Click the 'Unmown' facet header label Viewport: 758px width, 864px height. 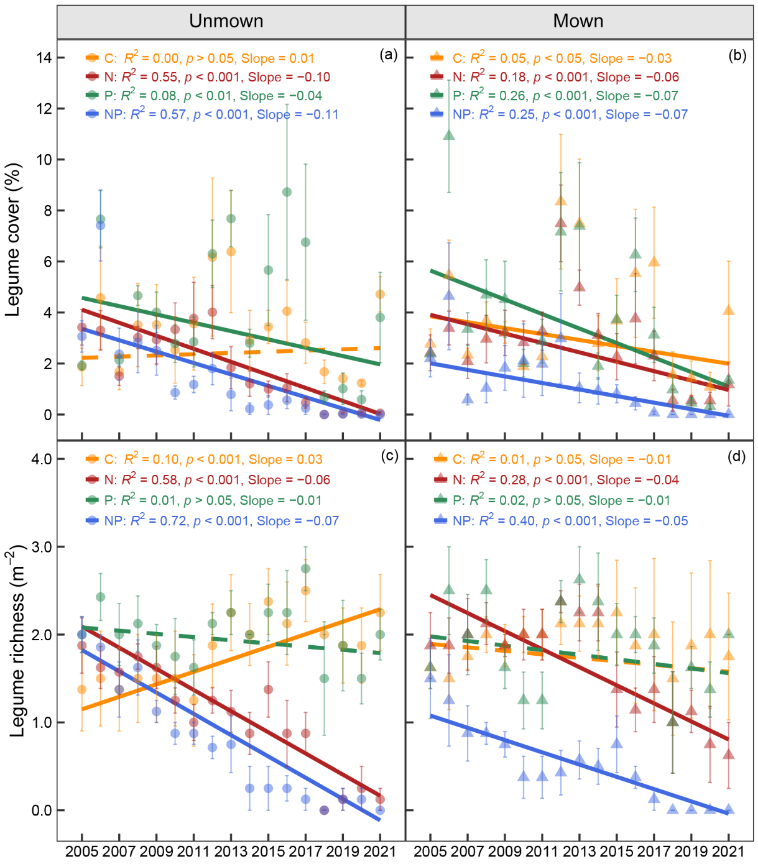pos(226,21)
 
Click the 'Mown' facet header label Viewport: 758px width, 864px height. pos(578,21)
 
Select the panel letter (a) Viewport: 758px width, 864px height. pos(389,55)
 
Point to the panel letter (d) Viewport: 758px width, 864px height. pos(737,457)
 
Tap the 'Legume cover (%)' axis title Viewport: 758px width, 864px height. pos(13,239)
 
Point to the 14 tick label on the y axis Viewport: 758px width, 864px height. pos(44,57)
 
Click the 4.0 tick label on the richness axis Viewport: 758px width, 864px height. pos(42,459)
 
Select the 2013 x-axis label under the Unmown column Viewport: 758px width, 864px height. pos(231,851)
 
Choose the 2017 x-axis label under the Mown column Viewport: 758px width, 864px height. pos(654,851)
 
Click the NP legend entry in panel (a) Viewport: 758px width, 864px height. pos(212,114)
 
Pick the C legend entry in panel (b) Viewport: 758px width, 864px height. pos(551,58)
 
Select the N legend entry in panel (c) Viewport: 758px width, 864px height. pos(208,480)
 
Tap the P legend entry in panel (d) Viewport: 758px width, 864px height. pos(550,500)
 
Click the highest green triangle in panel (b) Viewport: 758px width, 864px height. pos(449,135)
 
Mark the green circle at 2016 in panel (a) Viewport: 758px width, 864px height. pos(287,192)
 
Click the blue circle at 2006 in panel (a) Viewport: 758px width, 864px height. pos(100,225)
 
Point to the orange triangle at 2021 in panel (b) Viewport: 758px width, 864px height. pos(729,310)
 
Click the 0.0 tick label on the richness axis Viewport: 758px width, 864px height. pos(42,811)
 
